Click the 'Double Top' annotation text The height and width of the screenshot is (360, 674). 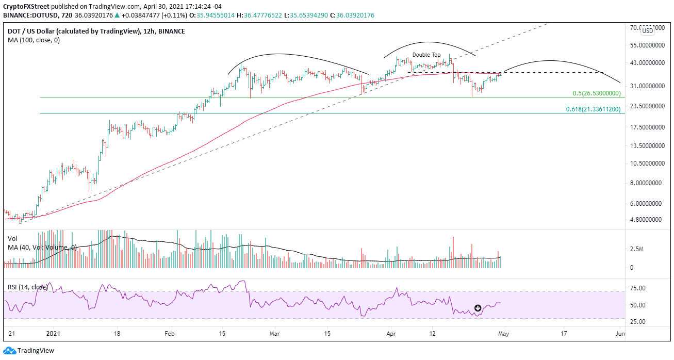[426, 55]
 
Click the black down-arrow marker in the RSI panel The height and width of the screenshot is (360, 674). [478, 308]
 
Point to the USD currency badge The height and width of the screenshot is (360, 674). [647, 31]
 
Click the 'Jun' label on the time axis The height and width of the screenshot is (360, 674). [620, 334]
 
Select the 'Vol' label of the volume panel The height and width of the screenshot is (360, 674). [12, 239]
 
